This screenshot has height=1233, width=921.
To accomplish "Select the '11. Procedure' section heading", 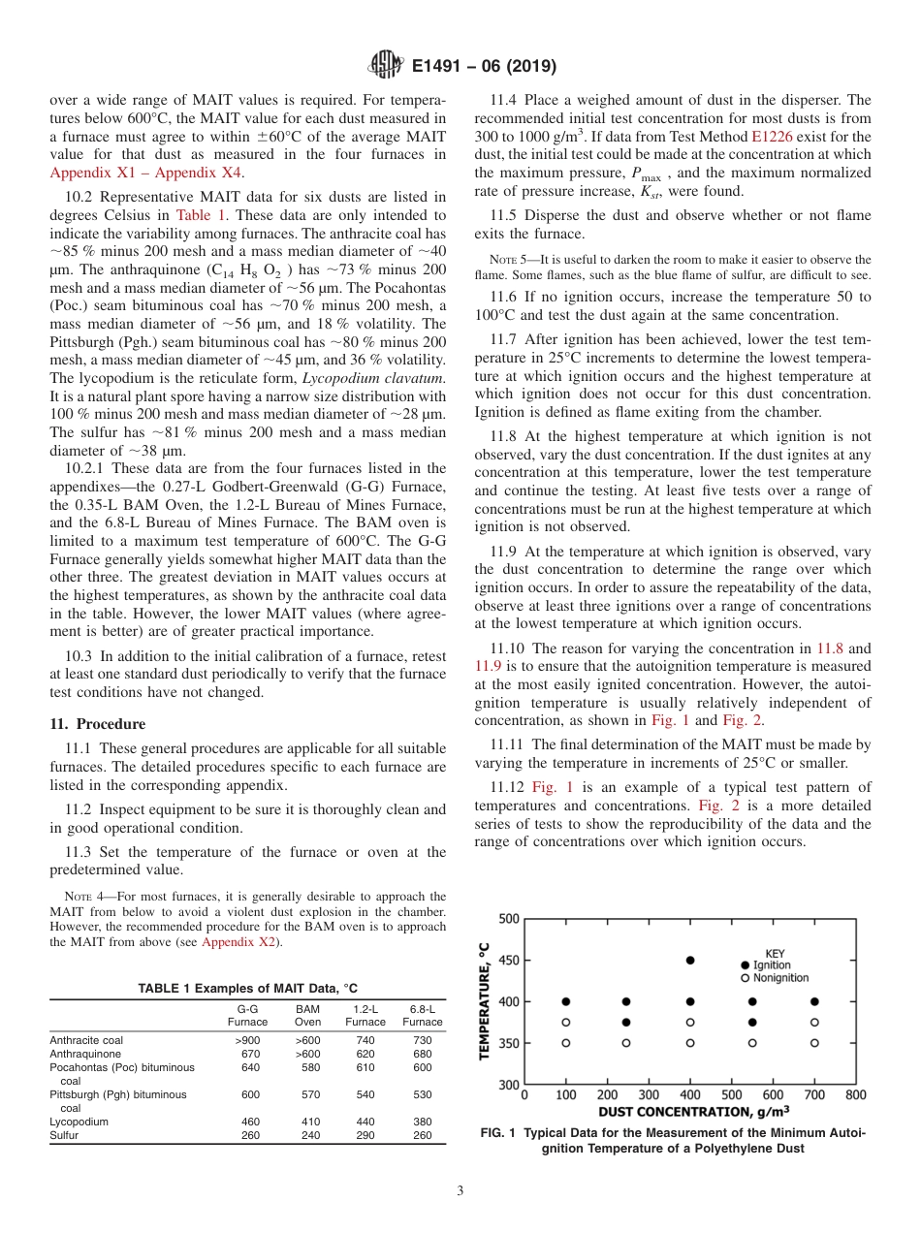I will pos(97,724).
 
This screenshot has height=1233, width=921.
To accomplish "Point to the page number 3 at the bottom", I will pos(460,1190).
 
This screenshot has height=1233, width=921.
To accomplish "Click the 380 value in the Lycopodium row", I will pos(422,1122).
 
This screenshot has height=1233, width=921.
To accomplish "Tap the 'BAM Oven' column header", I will pos(307,1015).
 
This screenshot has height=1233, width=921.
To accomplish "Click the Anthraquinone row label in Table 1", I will pos(85,1054).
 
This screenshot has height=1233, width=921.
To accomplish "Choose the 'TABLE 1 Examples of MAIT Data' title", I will pos(247,988).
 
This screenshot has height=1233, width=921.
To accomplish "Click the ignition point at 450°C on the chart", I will pos(690,961).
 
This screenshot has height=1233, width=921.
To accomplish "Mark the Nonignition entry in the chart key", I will pos(774,977).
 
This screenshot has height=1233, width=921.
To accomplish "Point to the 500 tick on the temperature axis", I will pos(508,918).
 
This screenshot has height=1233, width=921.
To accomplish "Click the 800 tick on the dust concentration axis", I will pos(855,1095).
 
